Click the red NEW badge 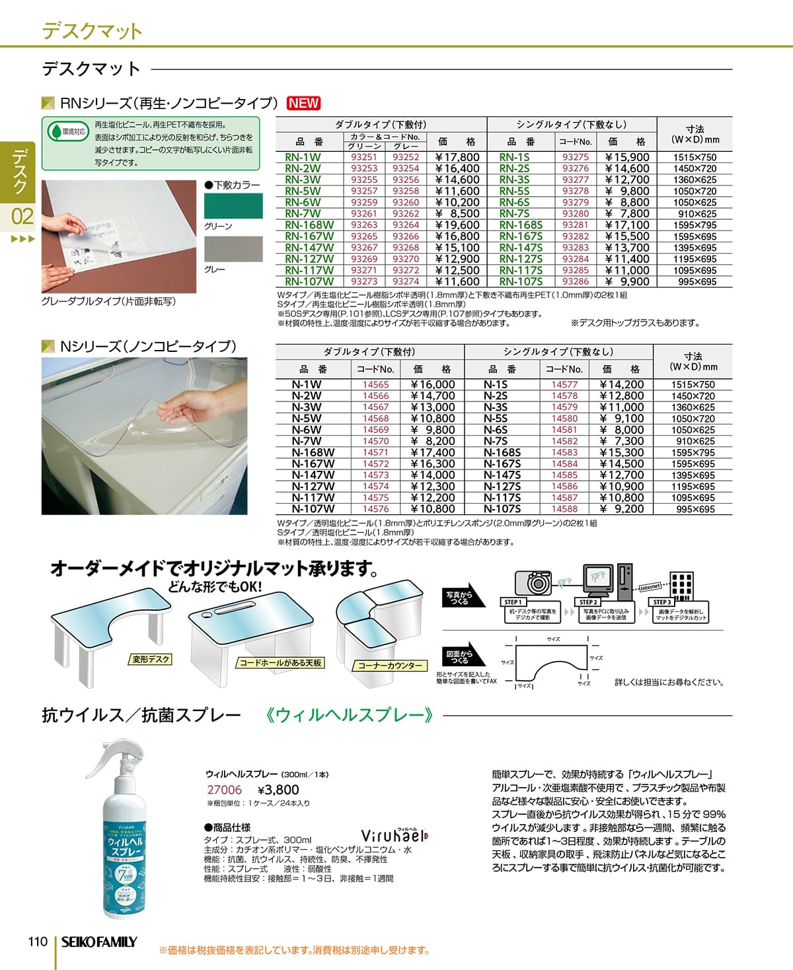[303, 103]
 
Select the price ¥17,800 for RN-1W [457, 157]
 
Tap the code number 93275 [575, 157]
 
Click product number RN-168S [521, 225]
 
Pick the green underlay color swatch [233, 206]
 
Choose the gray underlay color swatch [233, 249]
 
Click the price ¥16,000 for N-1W [433, 384]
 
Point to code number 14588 [564, 509]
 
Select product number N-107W [313, 509]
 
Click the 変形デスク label [151, 659]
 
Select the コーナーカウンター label [389, 666]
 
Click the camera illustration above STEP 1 [533, 582]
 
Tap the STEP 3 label [662, 602]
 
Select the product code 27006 [225, 790]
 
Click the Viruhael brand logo [395, 835]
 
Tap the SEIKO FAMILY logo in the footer [99, 942]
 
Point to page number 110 [38, 942]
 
